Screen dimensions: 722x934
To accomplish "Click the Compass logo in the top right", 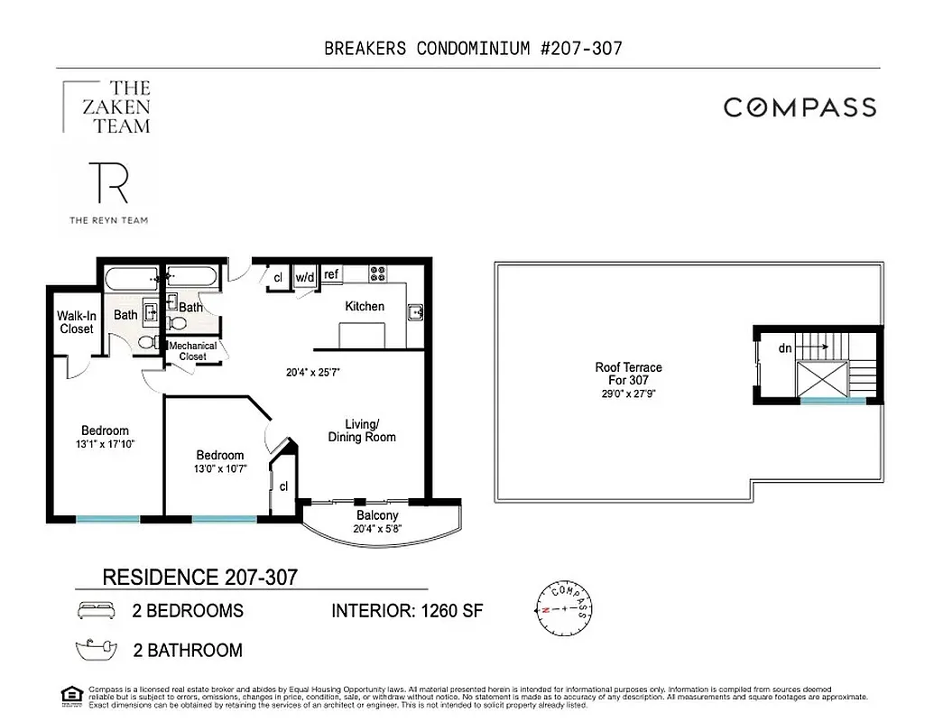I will pos(800,107).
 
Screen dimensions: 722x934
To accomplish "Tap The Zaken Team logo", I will pos(107,106).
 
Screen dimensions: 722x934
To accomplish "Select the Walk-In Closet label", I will pos(77,322).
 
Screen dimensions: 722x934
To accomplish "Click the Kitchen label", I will pos(365,306).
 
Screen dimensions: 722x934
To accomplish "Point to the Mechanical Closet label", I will pos(192,351).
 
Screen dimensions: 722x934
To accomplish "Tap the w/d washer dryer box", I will pos(305,277).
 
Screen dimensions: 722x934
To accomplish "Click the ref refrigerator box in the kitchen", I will pos(331,274).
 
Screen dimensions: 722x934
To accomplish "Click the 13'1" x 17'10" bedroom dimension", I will pos(105,444).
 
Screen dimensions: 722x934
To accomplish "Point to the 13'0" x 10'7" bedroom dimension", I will pos(219,468).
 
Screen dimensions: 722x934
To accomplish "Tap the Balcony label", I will pos(377,515).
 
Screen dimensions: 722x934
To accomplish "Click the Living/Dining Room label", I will pos(361,430).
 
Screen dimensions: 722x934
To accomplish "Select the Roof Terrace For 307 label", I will pos(628,374).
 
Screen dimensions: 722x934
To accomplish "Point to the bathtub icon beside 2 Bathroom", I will pos(97,649).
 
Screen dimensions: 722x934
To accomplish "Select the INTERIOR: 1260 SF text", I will pos(407,611).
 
